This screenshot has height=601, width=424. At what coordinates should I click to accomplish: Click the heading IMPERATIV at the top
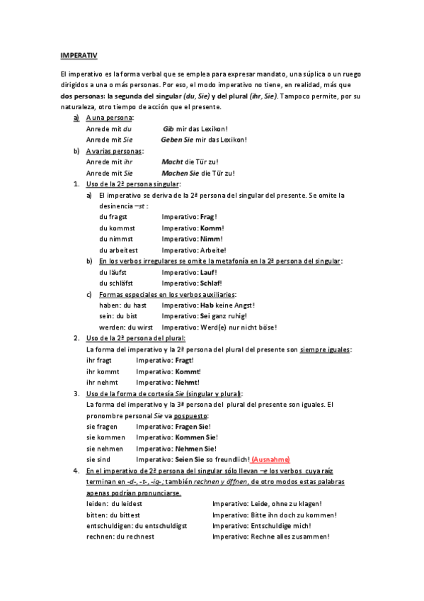pyautogui.click(x=79, y=54)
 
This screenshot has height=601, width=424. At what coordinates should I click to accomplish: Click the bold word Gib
pyautogui.click(x=168, y=129)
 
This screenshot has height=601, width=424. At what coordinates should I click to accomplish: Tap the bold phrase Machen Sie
pyautogui.click(x=180, y=173)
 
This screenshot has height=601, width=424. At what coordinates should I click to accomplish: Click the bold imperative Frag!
pyautogui.click(x=208, y=217)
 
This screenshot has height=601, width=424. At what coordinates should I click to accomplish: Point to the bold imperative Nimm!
pyautogui.click(x=211, y=239)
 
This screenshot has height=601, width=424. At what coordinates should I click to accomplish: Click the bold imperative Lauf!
pyautogui.click(x=209, y=272)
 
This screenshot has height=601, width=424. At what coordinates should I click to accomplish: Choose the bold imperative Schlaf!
pyautogui.click(x=212, y=283)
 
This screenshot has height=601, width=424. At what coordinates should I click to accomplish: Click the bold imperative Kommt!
pyautogui.click(x=188, y=371)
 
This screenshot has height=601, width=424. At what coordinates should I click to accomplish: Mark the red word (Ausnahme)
pyautogui.click(x=271, y=459)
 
